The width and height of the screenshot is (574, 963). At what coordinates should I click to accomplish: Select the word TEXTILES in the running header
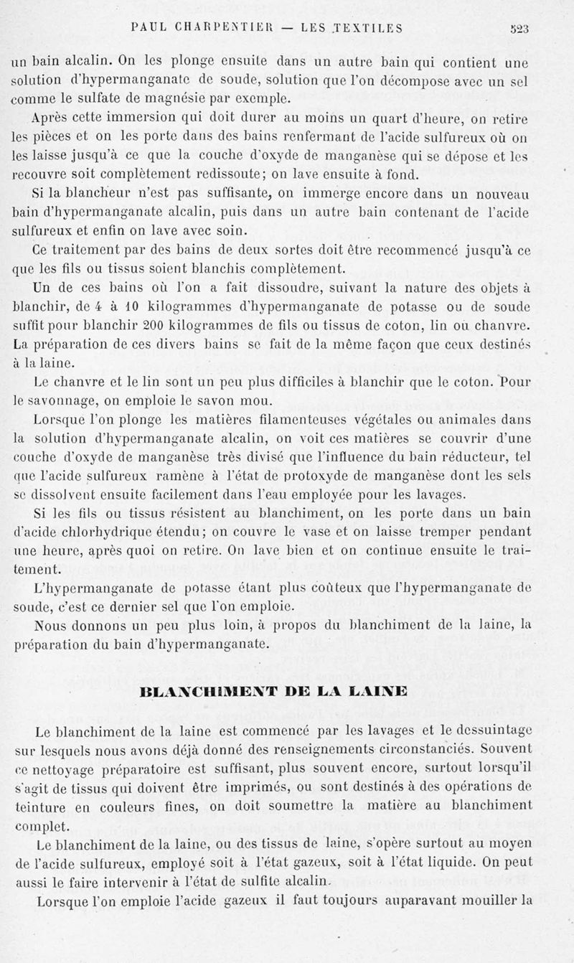[x=368, y=29]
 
